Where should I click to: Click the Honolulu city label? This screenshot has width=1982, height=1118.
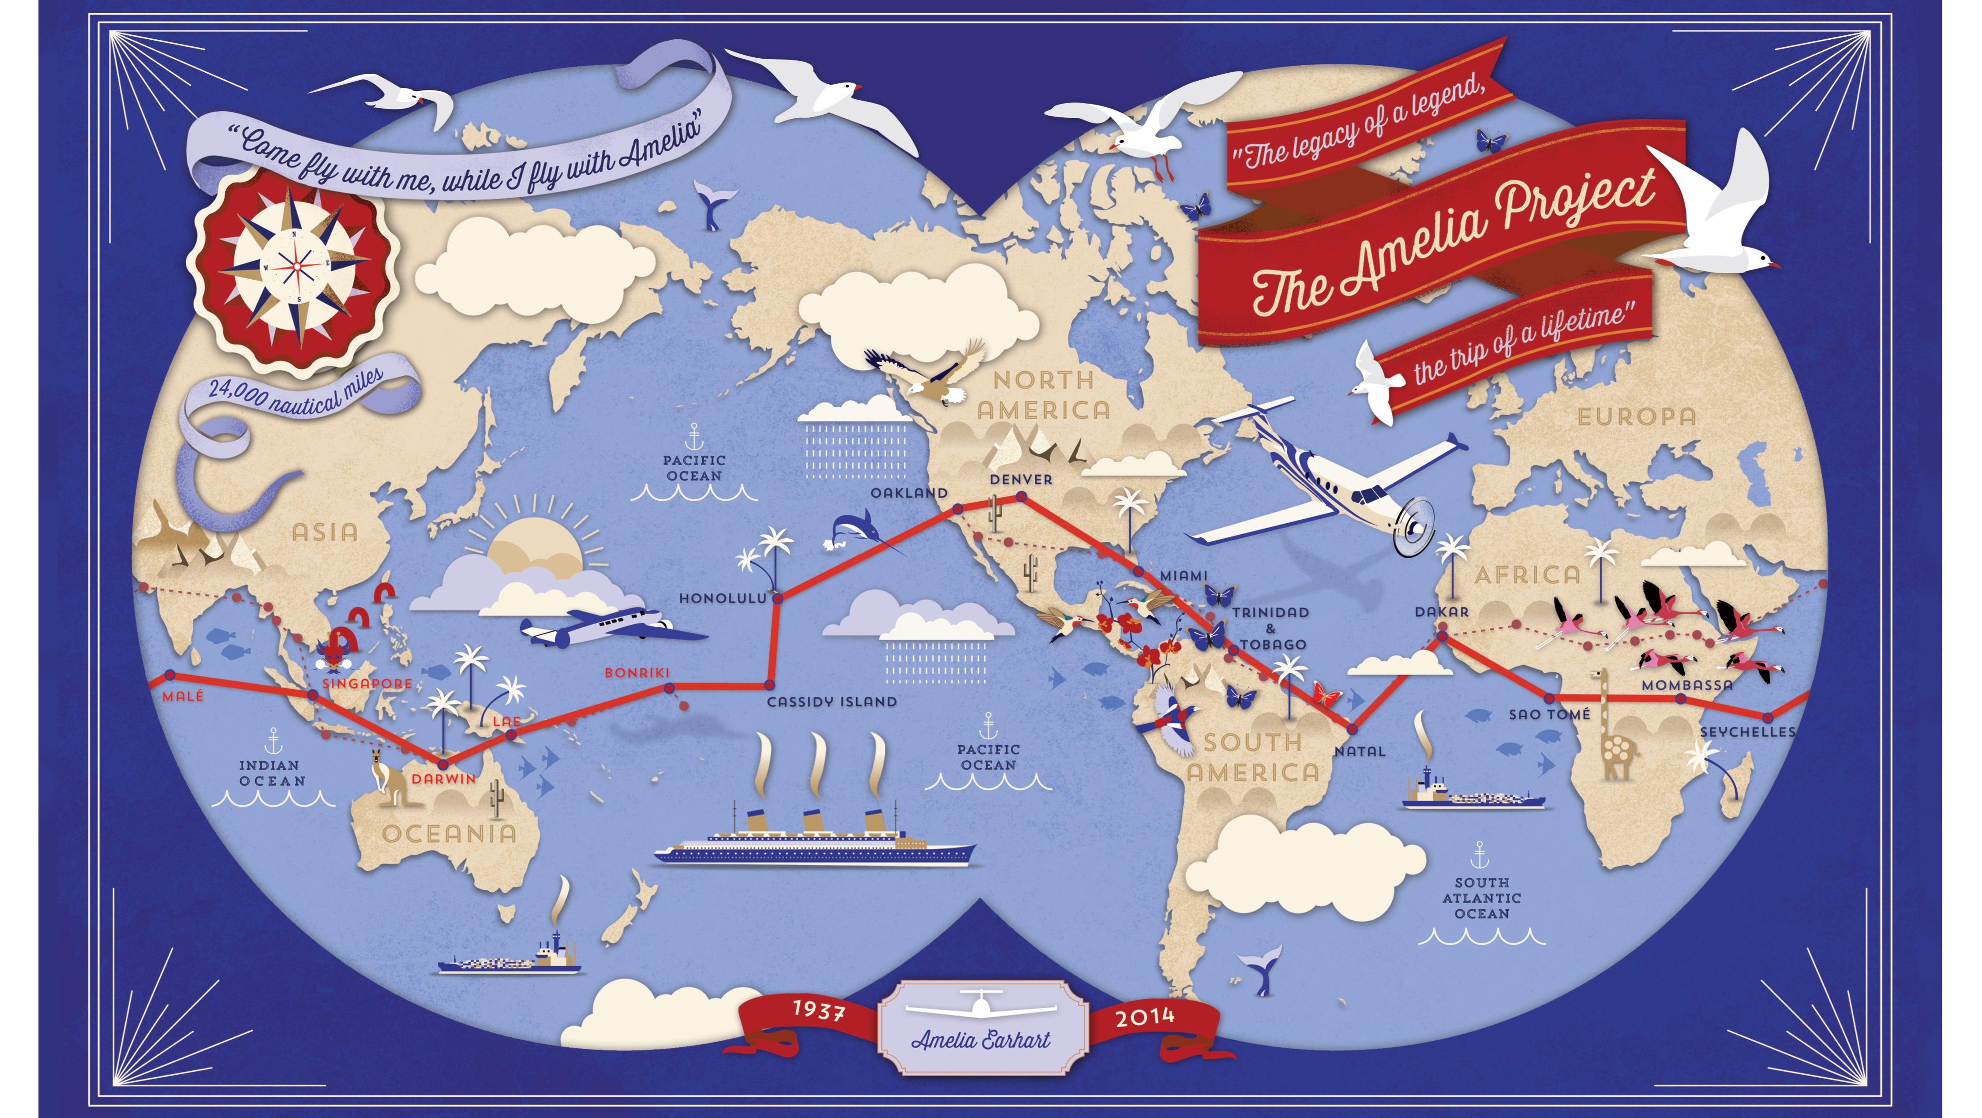723,598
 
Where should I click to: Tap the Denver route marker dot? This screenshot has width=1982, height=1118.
1022,497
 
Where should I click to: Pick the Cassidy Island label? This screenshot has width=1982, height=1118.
832,702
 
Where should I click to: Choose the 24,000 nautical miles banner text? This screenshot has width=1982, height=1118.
296,392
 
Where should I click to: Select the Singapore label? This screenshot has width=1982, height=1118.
367,683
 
